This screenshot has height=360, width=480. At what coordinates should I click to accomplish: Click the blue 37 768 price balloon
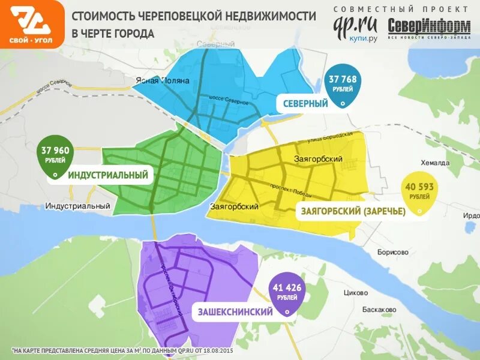343,84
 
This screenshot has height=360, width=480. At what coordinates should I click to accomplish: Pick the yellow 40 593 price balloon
419,192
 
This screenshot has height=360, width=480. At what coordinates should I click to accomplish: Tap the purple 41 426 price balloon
286,293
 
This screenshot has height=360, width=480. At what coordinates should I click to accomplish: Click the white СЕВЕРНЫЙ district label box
305,103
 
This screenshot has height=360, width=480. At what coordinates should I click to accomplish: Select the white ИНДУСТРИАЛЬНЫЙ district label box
107,175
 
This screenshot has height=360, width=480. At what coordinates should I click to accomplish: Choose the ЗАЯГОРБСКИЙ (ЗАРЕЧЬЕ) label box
350,211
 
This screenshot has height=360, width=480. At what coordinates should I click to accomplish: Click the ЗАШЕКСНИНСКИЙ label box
235,312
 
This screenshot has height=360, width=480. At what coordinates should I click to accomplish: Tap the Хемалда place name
434,163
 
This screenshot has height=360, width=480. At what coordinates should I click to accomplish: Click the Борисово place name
393,252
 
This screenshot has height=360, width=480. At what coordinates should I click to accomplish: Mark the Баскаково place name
379,310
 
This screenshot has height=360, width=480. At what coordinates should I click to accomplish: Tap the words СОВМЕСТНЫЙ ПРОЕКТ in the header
401,9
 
